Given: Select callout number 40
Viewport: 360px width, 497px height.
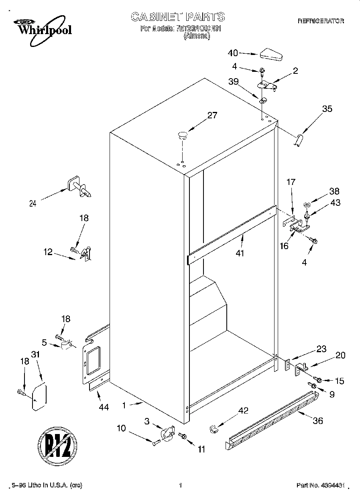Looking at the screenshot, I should (233, 53).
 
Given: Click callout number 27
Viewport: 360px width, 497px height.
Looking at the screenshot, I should (212, 116).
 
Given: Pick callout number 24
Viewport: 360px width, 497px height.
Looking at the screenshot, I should (33, 203).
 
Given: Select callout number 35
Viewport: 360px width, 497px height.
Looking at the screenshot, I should (327, 108).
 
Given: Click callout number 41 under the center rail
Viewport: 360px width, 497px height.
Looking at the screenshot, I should (240, 253).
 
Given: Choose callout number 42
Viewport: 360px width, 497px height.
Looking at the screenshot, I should (243, 410).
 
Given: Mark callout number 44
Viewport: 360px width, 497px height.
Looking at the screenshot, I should (104, 407).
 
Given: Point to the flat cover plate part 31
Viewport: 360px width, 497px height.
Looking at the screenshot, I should (39, 397).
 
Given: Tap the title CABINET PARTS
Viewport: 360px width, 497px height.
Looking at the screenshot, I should (178, 16).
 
